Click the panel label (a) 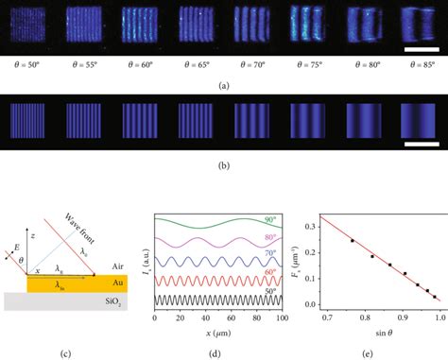coord(223,84)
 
